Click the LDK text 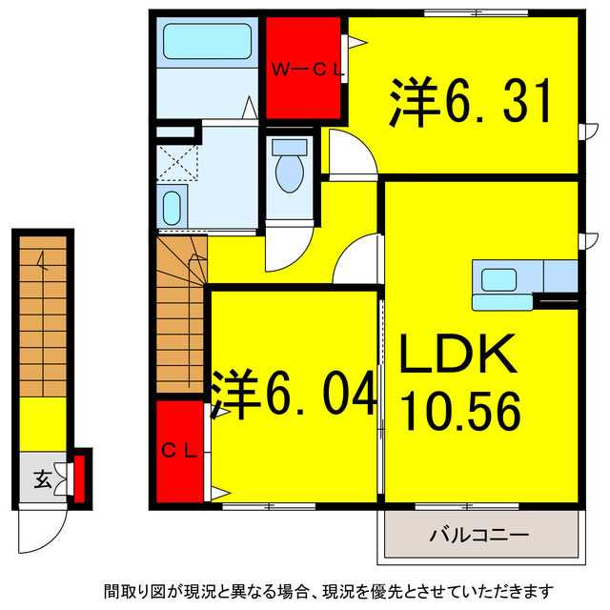pyautogui.click(x=457, y=357)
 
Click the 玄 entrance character pyautogui.click(x=44, y=479)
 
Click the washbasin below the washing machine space pyautogui.click(x=173, y=207)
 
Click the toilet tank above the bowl pyautogui.click(x=288, y=148)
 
